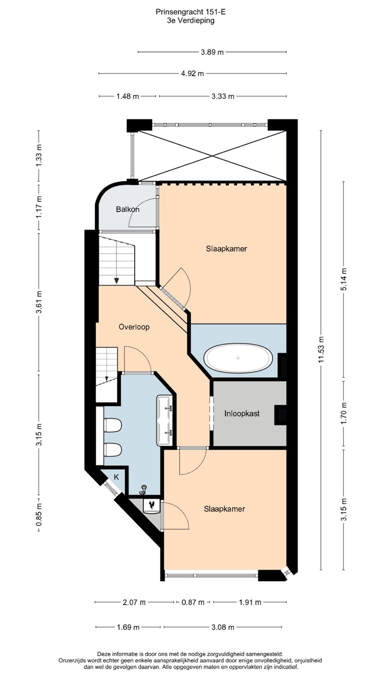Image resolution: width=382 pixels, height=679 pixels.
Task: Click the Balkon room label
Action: coord(128,209)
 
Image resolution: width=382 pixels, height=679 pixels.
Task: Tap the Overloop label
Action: coord(134,327)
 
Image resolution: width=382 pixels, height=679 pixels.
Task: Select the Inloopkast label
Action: coord(242,414)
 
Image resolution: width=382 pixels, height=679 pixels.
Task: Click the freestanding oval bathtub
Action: coord(238,358)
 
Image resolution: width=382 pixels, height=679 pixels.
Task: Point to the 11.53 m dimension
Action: coord(322,349)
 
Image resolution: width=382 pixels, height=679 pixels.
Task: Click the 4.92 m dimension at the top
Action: coord(192,74)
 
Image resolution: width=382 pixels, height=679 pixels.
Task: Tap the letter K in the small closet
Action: coord(116,477)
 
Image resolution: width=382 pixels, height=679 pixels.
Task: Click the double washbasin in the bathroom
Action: coord(165,420)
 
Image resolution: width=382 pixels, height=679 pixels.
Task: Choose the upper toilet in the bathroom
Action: coord(112,425)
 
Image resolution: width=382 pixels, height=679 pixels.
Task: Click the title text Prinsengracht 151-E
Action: coord(191,12)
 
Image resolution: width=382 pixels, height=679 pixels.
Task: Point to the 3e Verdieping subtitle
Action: coord(191,20)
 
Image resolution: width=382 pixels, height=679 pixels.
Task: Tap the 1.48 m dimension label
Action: coord(128,96)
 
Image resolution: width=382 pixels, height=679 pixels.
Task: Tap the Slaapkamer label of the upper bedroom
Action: coord(226,248)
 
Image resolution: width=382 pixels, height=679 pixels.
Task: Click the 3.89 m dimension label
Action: coord(212,52)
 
